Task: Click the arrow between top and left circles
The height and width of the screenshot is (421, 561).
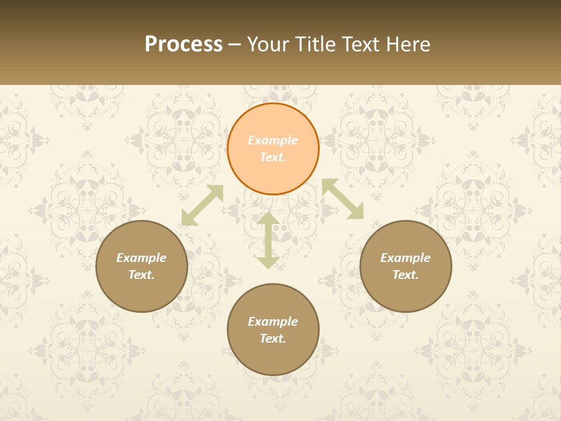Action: (x=202, y=205)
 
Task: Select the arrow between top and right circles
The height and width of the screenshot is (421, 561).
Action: (x=343, y=199)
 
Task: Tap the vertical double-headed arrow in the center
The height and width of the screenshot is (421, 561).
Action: (x=268, y=240)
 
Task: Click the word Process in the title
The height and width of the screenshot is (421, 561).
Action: (x=183, y=44)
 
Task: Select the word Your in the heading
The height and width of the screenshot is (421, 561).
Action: (x=266, y=44)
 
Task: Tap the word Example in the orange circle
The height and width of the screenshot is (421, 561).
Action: (x=273, y=140)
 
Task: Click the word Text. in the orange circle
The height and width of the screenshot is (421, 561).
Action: (x=273, y=157)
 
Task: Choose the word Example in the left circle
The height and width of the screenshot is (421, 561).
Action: (x=141, y=258)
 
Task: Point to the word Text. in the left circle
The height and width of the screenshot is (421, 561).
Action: (x=141, y=275)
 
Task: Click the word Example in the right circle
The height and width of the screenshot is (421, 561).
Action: (x=406, y=258)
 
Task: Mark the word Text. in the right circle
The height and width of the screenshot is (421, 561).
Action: (x=406, y=275)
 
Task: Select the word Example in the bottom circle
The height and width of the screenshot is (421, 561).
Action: (x=273, y=322)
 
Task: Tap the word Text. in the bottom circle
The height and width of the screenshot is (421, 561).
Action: (x=273, y=339)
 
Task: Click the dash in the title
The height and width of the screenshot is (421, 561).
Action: (x=235, y=45)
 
